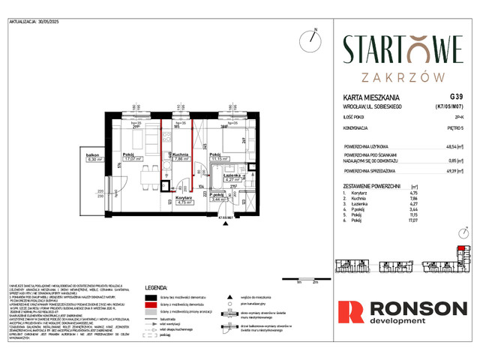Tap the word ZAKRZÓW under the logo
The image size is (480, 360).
tap(403, 76)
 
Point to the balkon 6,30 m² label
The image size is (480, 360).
tap(94, 157)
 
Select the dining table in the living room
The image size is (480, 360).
tap(138, 184)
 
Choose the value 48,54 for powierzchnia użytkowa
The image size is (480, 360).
tap(452, 148)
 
